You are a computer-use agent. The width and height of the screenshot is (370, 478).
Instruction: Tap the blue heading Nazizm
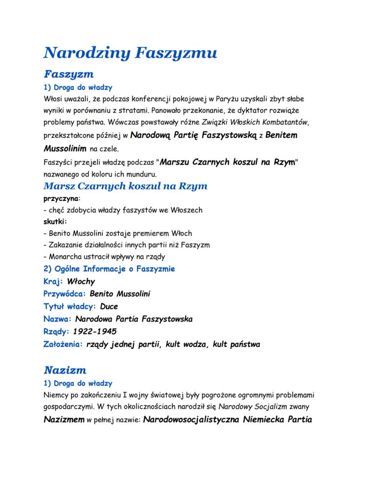(65, 370)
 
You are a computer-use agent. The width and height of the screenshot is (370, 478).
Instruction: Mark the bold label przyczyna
(60, 198)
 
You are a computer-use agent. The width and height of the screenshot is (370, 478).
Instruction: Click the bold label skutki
(55, 221)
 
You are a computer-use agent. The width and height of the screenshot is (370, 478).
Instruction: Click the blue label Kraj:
(53, 282)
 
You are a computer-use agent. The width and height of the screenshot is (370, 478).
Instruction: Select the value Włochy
(81, 282)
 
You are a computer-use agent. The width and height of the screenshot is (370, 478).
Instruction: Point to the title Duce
(109, 307)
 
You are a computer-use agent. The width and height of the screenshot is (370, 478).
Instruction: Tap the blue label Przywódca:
(64, 294)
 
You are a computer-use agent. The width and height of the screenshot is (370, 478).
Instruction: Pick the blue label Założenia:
(63, 344)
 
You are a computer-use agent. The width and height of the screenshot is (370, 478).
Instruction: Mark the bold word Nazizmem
(63, 420)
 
